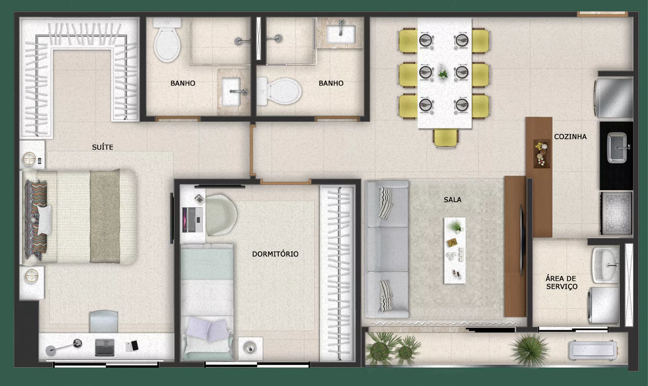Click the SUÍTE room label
click(x=103, y=147)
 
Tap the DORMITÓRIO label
click(x=275, y=254)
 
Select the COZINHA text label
click(x=570, y=137)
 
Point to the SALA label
click(x=453, y=200)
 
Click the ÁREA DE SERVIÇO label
click(x=561, y=282)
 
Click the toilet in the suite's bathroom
click(x=167, y=40)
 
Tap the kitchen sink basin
click(x=617, y=147)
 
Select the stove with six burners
click(x=616, y=213)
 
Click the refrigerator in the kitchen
click(x=613, y=98)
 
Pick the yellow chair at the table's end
click(x=446, y=139)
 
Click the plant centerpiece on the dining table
click(x=443, y=75)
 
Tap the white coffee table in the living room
click(x=455, y=251)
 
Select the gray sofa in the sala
click(x=387, y=249)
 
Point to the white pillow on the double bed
click(x=45, y=220)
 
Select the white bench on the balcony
click(x=593, y=350)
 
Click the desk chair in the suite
click(x=104, y=322)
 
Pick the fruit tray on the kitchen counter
click(x=542, y=154)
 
